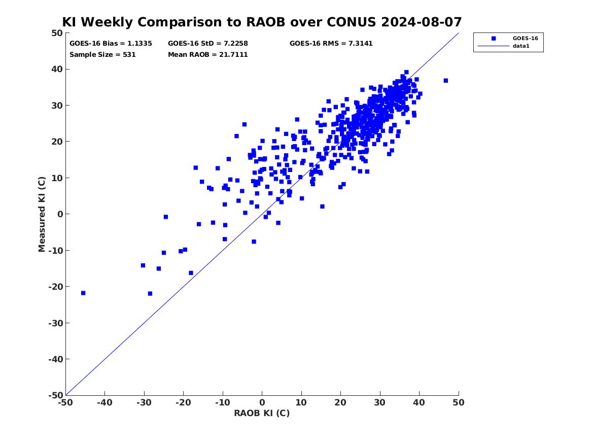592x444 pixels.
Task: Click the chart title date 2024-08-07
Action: pos(422,22)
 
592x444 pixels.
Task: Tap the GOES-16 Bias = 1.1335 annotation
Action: pos(111,44)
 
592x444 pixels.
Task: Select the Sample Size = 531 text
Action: pos(102,54)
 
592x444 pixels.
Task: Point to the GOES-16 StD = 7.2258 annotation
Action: pos(208,44)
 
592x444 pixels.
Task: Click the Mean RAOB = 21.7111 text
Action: pos(208,54)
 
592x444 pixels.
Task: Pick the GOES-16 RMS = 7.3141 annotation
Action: pos(331,44)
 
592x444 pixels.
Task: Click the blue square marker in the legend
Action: pos(494,39)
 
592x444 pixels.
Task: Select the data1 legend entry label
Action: pos(521,46)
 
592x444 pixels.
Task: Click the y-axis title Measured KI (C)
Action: pos(42,214)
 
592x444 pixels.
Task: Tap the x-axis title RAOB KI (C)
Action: pos(262,413)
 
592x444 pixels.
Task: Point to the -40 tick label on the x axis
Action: pos(105,402)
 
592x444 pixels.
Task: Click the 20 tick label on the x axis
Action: pos(340,402)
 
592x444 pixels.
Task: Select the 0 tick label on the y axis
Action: pos(60,214)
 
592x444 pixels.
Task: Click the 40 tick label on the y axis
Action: pos(57,69)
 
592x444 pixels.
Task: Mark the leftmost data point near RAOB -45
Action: pos(83,293)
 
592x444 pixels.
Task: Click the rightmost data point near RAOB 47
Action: pos(445,80)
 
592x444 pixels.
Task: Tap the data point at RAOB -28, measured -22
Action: pos(150,293)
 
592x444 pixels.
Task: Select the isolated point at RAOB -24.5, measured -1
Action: pos(166,217)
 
